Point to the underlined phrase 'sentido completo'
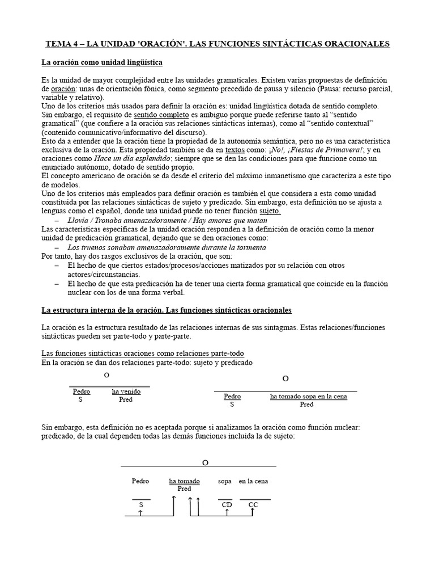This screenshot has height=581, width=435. coord(160,114)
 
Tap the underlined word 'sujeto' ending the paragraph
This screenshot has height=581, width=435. coord(270,211)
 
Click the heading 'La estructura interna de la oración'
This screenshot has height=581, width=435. coord(167,310)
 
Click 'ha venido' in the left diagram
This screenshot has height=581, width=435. coord(126,391)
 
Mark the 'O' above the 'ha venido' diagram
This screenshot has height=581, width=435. coord(106,376)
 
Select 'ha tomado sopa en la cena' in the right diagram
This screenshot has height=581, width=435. coord(308,396)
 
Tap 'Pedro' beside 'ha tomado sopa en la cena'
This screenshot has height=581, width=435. coord(232,396)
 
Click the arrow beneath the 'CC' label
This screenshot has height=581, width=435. coord(253,512)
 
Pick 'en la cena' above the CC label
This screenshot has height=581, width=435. coord(253,481)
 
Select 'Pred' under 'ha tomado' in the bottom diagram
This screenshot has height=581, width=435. coord(184,489)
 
